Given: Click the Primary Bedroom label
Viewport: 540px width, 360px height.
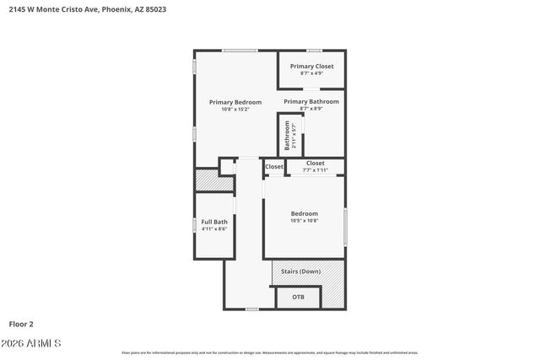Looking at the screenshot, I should pos(235,102).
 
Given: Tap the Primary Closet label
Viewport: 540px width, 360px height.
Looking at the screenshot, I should pos(312,66).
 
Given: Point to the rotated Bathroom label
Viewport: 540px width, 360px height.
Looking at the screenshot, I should pos(288,136).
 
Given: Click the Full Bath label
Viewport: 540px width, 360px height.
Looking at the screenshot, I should pos(214,222).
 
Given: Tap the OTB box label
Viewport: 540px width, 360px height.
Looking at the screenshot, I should pos(299,297).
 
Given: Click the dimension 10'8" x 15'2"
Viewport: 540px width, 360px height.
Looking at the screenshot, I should pos(235,110).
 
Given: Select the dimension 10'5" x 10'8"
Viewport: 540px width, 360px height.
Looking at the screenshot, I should pos(305,221).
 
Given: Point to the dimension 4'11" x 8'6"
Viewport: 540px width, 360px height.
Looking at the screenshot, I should pos(214,228).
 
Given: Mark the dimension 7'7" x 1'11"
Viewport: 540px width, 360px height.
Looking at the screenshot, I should pos(316,170).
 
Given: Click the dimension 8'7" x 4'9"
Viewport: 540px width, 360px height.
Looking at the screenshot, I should pos(312,73).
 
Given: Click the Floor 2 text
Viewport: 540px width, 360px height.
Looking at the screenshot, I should pos(21,323).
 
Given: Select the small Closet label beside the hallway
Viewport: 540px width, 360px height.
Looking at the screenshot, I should pos(274,167).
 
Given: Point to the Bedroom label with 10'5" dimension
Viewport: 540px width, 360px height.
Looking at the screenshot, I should pos(305,213).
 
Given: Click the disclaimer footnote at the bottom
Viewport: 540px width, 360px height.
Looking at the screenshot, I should pos(270,352).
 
